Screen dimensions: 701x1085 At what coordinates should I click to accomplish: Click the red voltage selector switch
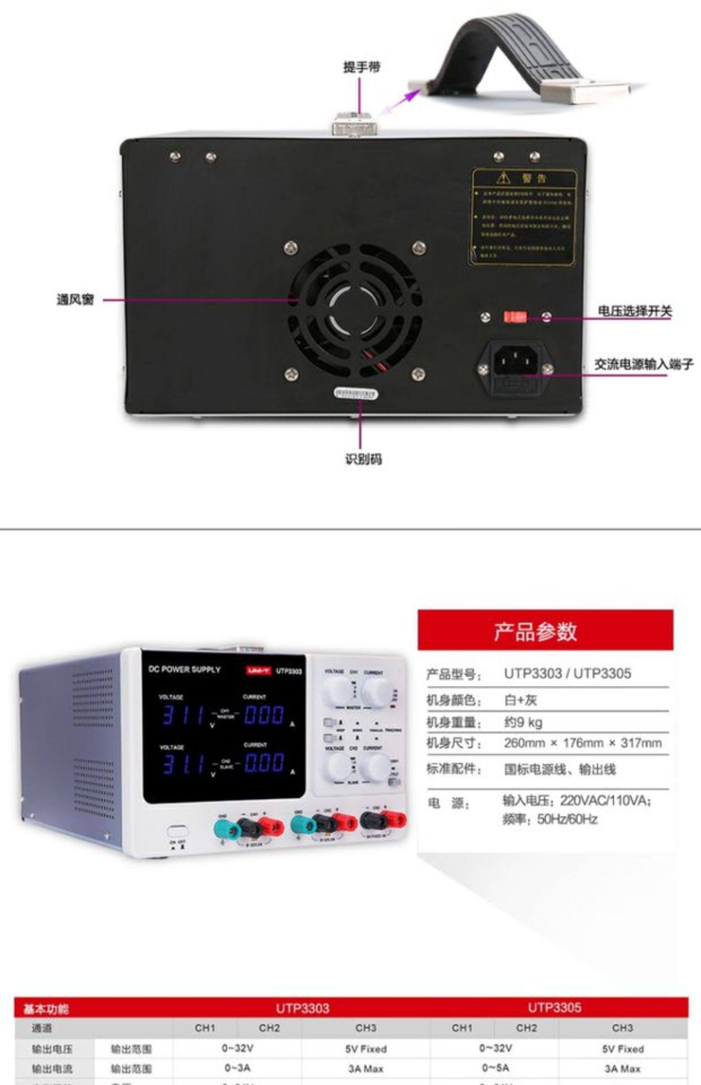[515, 317]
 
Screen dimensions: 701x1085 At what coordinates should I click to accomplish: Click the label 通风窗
[75, 300]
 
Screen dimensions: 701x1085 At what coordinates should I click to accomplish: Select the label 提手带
[362, 67]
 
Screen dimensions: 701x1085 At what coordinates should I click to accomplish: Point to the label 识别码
[363, 459]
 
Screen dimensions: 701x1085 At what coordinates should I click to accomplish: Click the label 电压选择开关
[635, 311]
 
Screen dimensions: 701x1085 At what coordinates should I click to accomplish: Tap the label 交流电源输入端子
[643, 364]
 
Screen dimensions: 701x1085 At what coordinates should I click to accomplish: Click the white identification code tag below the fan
[356, 393]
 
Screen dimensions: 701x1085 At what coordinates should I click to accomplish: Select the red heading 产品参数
[536, 631]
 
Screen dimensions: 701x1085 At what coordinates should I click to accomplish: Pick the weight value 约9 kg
[523, 722]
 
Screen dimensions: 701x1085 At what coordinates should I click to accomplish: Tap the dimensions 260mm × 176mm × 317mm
[582, 743]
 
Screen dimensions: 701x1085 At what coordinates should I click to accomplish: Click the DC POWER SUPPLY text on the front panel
[184, 669]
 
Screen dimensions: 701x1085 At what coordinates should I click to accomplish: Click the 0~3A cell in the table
[237, 1068]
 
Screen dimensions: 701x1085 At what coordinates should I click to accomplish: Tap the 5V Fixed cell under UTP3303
[366, 1049]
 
